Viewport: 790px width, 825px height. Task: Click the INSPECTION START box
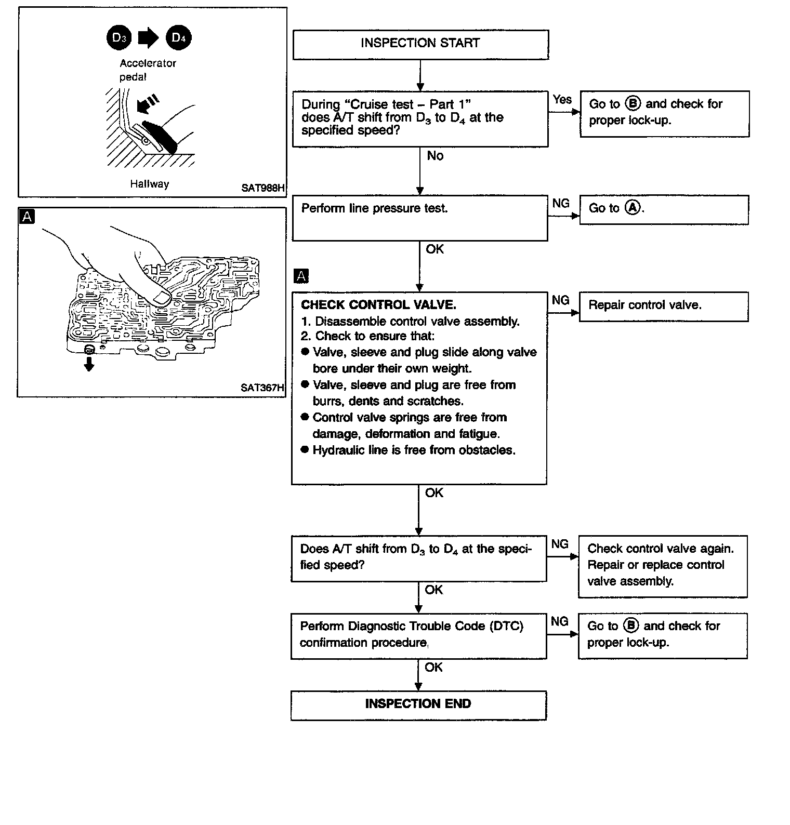(x=420, y=44)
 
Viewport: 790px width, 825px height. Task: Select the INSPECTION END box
(x=418, y=704)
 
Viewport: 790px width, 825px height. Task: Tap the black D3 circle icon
(x=119, y=38)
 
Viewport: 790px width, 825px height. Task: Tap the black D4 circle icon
(x=178, y=38)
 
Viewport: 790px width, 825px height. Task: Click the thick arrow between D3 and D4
(x=149, y=38)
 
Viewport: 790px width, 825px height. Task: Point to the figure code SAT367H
(x=262, y=388)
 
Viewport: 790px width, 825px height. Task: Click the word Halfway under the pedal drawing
(x=150, y=184)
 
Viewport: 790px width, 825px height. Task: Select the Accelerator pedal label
(x=148, y=70)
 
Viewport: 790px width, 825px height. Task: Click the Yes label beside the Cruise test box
(x=562, y=99)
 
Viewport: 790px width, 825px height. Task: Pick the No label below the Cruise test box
(x=435, y=156)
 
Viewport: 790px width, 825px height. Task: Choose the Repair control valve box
(x=663, y=306)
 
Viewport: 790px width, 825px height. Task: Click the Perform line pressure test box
(x=420, y=218)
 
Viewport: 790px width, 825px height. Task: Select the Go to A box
(x=664, y=209)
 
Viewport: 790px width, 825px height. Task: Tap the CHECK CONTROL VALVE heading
(x=378, y=305)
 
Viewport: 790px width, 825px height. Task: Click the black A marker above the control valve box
(x=301, y=276)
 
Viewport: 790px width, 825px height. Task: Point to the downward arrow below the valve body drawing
(x=89, y=365)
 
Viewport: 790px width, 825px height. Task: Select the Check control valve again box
(x=663, y=566)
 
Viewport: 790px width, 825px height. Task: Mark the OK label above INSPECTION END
(x=433, y=667)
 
